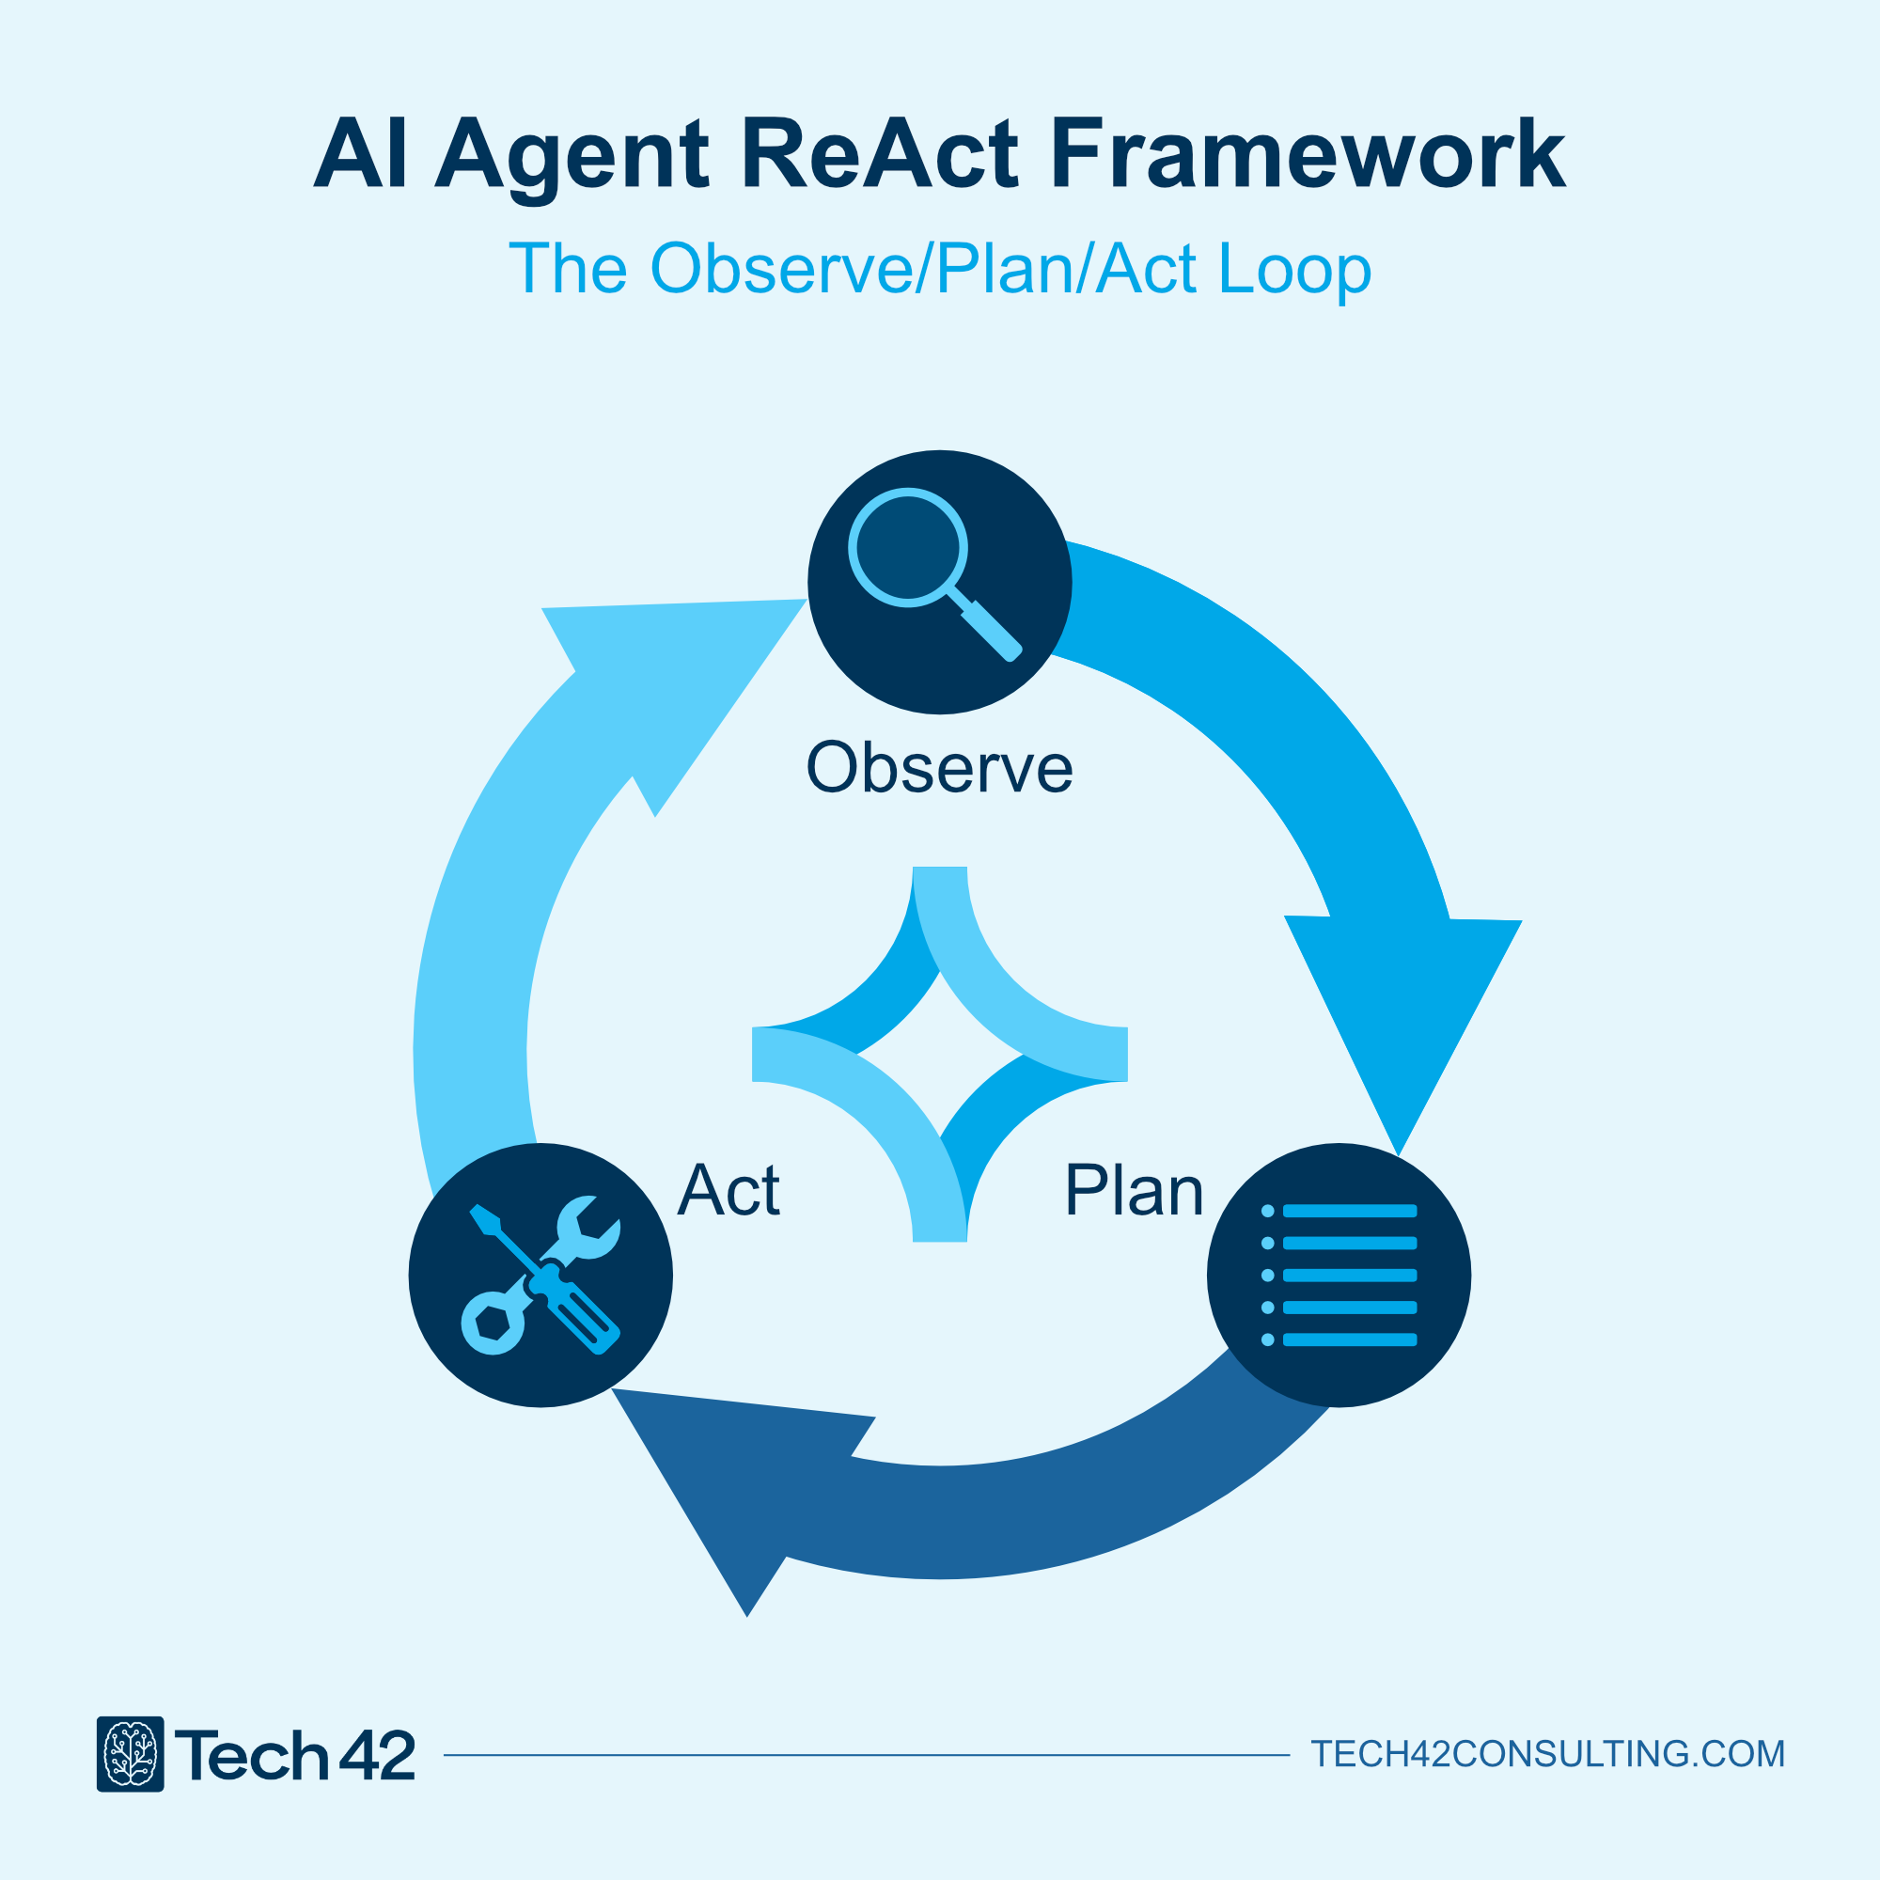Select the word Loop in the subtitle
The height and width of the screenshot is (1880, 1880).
tap(1294, 269)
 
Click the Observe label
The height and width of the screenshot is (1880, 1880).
tap(939, 768)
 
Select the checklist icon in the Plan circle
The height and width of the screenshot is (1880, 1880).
tap(1339, 1275)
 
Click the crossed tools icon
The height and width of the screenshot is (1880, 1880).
tap(541, 1275)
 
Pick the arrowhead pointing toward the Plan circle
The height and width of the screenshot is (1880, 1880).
tap(1402, 1012)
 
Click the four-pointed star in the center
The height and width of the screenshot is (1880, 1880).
tap(940, 1054)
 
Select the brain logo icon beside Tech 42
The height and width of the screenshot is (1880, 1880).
tap(131, 1753)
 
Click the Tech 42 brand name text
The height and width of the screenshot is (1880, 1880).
tap(295, 1754)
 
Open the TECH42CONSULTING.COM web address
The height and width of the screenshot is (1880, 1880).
tap(1547, 1753)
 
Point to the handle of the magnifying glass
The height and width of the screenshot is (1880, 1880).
tap(991, 629)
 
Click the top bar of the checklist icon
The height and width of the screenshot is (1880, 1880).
tap(1350, 1212)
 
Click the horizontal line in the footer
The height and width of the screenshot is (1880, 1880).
tap(866, 1755)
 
